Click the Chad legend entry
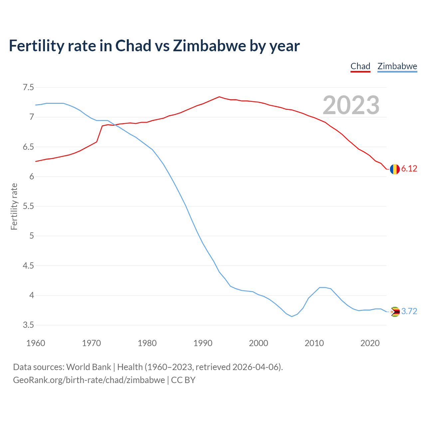[360, 66]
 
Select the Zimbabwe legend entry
[397, 66]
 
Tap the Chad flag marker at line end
[395, 169]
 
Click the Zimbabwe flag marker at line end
[395, 312]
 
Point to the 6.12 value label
[409, 169]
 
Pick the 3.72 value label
[409, 312]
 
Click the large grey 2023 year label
[351, 105]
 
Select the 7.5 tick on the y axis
[28, 88]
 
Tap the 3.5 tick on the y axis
[28, 325]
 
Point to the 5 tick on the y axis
[32, 236]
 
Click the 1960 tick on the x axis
[36, 343]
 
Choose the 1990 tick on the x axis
[203, 343]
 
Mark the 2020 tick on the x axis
[370, 343]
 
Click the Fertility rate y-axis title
[14, 206]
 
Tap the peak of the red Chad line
[219, 97]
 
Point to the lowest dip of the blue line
[292, 317]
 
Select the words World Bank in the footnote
[89, 367]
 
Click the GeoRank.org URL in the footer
[89, 380]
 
